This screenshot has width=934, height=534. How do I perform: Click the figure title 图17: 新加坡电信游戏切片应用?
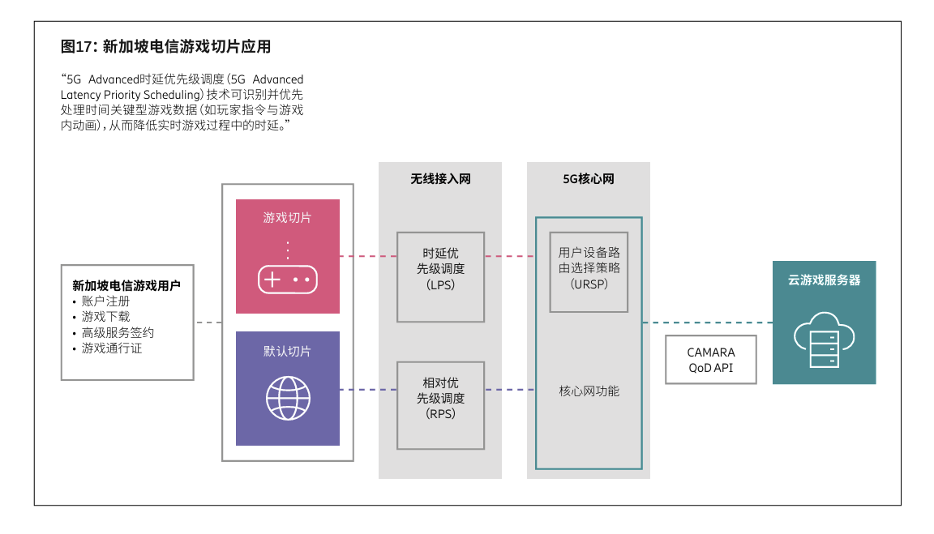[x=165, y=47]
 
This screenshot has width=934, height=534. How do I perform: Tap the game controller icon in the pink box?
[x=287, y=280]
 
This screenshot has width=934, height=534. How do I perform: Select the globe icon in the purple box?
[x=288, y=397]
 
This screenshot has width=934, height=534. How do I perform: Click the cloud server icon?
[x=824, y=341]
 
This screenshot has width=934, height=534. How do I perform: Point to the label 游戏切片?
[x=287, y=218]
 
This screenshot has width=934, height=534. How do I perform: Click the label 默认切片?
[x=287, y=351]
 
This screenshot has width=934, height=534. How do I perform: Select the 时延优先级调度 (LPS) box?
[x=440, y=276]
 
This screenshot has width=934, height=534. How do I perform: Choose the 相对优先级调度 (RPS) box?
[x=440, y=405]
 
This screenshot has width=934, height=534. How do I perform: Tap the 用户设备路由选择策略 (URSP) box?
[x=589, y=271]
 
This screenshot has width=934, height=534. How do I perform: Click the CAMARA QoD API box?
[x=711, y=360]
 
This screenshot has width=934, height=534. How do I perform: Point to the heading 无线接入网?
[x=440, y=179]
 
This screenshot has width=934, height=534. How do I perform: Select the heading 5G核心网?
[x=589, y=179]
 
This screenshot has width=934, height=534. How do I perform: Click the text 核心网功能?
[x=589, y=391]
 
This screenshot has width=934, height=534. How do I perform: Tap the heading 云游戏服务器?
[x=824, y=280]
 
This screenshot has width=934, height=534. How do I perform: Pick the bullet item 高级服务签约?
[x=118, y=332]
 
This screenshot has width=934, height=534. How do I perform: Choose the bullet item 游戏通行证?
[x=112, y=348]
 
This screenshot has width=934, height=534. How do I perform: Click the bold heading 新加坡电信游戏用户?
[x=126, y=285]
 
